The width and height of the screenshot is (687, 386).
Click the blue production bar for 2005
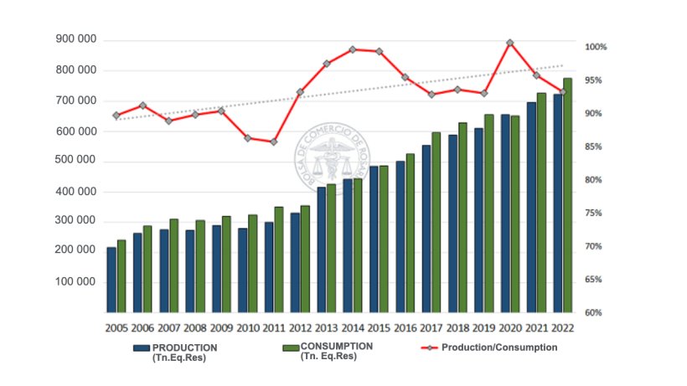[x=111, y=280]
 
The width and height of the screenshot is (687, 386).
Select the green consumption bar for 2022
[x=568, y=195]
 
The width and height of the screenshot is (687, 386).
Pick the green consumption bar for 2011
[x=279, y=260]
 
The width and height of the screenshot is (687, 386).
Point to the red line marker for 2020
[x=509, y=43]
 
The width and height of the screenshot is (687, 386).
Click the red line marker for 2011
[x=274, y=142]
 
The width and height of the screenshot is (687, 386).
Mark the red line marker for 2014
[x=353, y=49]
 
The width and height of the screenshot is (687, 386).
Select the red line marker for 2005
[x=116, y=116]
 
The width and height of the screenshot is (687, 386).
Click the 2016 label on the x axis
[x=405, y=328]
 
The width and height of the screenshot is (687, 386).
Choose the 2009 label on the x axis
[x=221, y=328]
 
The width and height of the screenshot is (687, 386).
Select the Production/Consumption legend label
[x=499, y=347]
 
